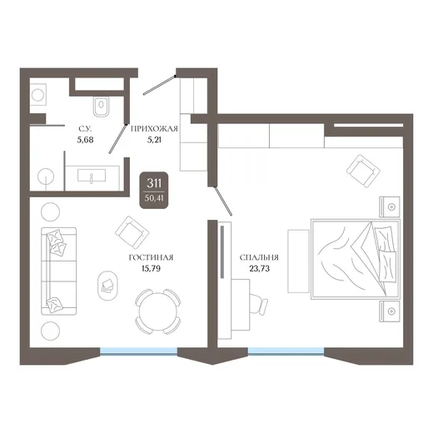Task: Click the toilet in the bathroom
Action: pos(102,107)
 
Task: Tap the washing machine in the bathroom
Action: pos(38,95)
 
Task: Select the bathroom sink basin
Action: pos(92,176)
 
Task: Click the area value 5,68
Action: pos(85,140)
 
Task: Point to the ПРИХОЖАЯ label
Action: pos(154,129)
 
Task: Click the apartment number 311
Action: pos(154,183)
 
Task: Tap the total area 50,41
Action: pos(154,198)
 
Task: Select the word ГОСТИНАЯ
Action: pos(151,258)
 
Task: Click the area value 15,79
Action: pos(151,269)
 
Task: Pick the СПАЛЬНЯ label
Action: pos(259,258)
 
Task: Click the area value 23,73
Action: pos(260,269)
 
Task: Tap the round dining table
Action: pos(157,311)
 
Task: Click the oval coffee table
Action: pos(107,286)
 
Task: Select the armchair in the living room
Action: pos(132,232)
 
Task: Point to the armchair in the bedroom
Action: pos(363,171)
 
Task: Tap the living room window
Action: pos(138,351)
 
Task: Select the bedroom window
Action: pos(286,351)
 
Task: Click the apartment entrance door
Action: pos(159,85)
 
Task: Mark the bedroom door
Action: pos(222,201)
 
